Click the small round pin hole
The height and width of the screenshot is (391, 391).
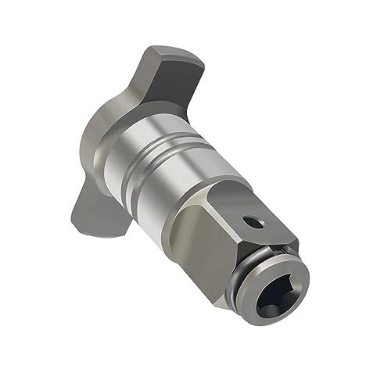250,222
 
